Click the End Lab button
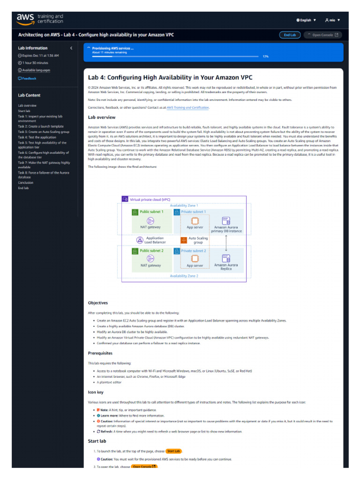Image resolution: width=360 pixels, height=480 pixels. coord(290,35)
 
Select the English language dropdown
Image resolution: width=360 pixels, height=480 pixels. coord(306,20)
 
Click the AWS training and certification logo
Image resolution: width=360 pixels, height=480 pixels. coord(39,19)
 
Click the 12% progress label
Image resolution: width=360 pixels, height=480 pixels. coord(265,56)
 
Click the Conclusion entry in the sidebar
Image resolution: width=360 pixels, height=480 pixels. coord(26,183)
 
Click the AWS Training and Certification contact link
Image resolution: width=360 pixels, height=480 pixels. coord(187,108)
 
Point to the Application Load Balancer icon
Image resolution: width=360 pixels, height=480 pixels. coord(139,240)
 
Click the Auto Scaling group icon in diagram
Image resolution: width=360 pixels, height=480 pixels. coord(184,240)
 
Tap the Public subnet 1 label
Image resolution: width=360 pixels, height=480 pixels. coord(151,212)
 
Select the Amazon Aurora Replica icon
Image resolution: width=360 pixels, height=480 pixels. coord(226,258)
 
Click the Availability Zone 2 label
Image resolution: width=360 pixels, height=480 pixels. coord(184,276)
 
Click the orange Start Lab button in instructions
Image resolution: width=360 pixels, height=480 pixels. coord(173,451)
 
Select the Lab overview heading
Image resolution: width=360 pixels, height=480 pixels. coord(102,117)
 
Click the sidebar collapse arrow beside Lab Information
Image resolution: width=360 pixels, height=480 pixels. coord(71,48)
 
